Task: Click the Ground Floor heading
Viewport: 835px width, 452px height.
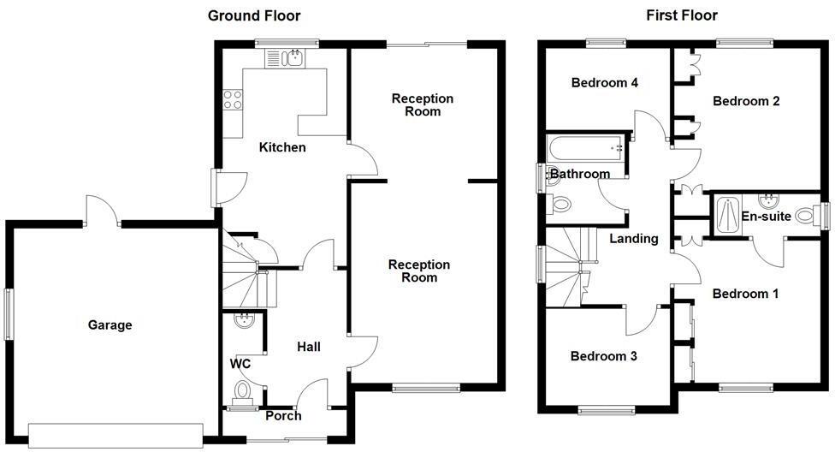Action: pos(254,15)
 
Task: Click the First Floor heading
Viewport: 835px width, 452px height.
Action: pos(682,15)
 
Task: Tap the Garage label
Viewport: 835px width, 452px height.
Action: pos(110,324)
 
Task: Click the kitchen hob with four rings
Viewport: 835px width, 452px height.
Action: pos(234,100)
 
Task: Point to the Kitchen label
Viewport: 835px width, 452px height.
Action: pos(282,147)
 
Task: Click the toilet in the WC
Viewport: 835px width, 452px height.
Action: pos(243,392)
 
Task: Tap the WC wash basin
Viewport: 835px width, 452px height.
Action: pos(244,322)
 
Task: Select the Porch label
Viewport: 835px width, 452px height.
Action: pos(283,416)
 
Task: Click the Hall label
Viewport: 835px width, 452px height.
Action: pos(308,347)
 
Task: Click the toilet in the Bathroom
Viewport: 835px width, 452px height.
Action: pos(560,204)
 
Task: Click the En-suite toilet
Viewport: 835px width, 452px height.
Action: pos(805,216)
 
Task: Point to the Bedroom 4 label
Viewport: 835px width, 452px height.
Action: pos(605,83)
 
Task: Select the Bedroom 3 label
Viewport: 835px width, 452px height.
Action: pos(604,356)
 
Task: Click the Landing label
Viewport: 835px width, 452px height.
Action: pos(633,239)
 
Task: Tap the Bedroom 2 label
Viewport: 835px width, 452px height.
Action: pos(746,101)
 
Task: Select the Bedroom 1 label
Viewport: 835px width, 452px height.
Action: pos(745,294)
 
